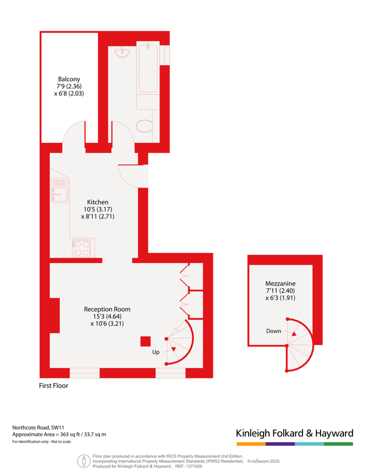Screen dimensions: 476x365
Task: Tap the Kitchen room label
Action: click(x=98, y=202)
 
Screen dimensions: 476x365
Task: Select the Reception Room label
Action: click(x=107, y=309)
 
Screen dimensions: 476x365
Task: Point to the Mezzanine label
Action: click(x=280, y=282)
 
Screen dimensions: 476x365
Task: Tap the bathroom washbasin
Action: click(x=123, y=51)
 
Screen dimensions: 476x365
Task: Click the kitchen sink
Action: click(x=58, y=190)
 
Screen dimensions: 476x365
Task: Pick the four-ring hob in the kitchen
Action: click(x=83, y=248)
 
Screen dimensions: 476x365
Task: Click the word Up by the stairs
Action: click(x=156, y=352)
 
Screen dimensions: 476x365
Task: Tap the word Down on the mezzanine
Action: click(x=274, y=331)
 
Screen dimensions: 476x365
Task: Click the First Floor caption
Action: click(x=54, y=386)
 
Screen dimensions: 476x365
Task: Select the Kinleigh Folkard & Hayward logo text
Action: click(x=294, y=433)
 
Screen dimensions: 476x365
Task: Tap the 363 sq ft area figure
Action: click(x=69, y=434)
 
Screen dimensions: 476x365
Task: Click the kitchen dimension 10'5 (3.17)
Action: click(x=98, y=209)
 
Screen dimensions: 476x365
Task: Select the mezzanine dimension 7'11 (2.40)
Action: click(x=280, y=290)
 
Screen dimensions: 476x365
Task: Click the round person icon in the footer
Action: click(x=83, y=461)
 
